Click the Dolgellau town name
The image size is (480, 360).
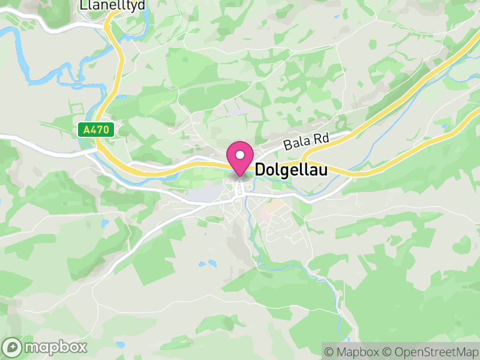coord(292,170)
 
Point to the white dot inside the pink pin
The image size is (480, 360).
coord(240,155)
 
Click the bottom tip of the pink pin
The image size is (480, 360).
coord(240,176)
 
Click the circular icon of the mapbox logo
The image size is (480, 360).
coord(13,347)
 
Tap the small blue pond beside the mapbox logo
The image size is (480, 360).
coord(121,344)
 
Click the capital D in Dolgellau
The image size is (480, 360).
coord(260,170)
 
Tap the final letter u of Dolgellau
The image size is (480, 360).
coord(323,170)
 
